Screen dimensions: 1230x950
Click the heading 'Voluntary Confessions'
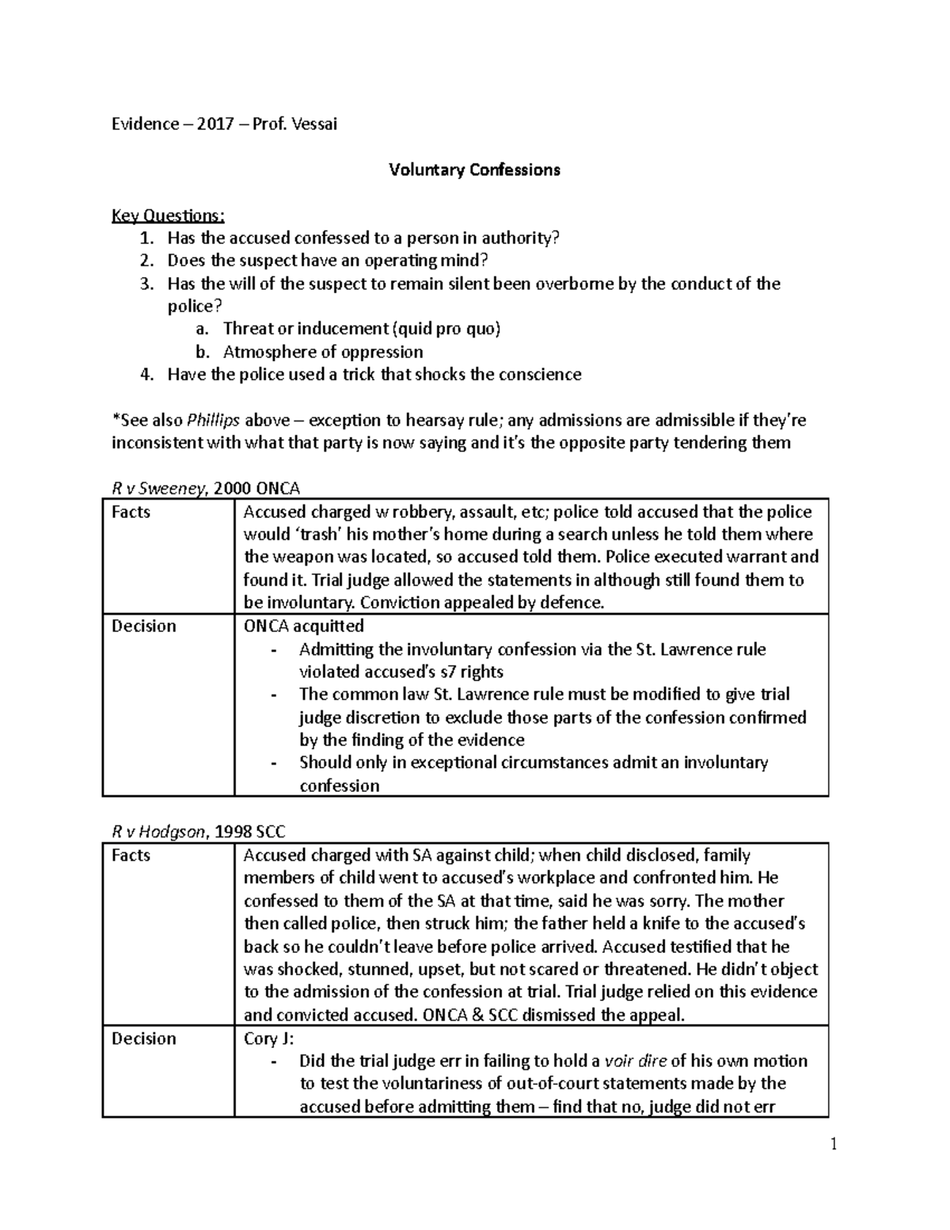click(474, 169)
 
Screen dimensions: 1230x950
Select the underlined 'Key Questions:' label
click(168, 215)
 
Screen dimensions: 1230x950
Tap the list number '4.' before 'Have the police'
click(146, 375)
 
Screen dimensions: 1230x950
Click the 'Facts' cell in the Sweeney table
click(131, 512)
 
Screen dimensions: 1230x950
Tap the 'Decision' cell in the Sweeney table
click(143, 626)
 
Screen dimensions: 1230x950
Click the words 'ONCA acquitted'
click(304, 626)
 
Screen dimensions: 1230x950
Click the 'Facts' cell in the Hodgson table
click(131, 855)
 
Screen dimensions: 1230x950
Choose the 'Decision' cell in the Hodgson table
click(143, 1038)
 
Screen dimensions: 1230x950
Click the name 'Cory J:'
click(268, 1038)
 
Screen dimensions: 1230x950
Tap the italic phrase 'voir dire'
click(635, 1061)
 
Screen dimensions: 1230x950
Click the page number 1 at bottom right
click(833, 1144)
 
